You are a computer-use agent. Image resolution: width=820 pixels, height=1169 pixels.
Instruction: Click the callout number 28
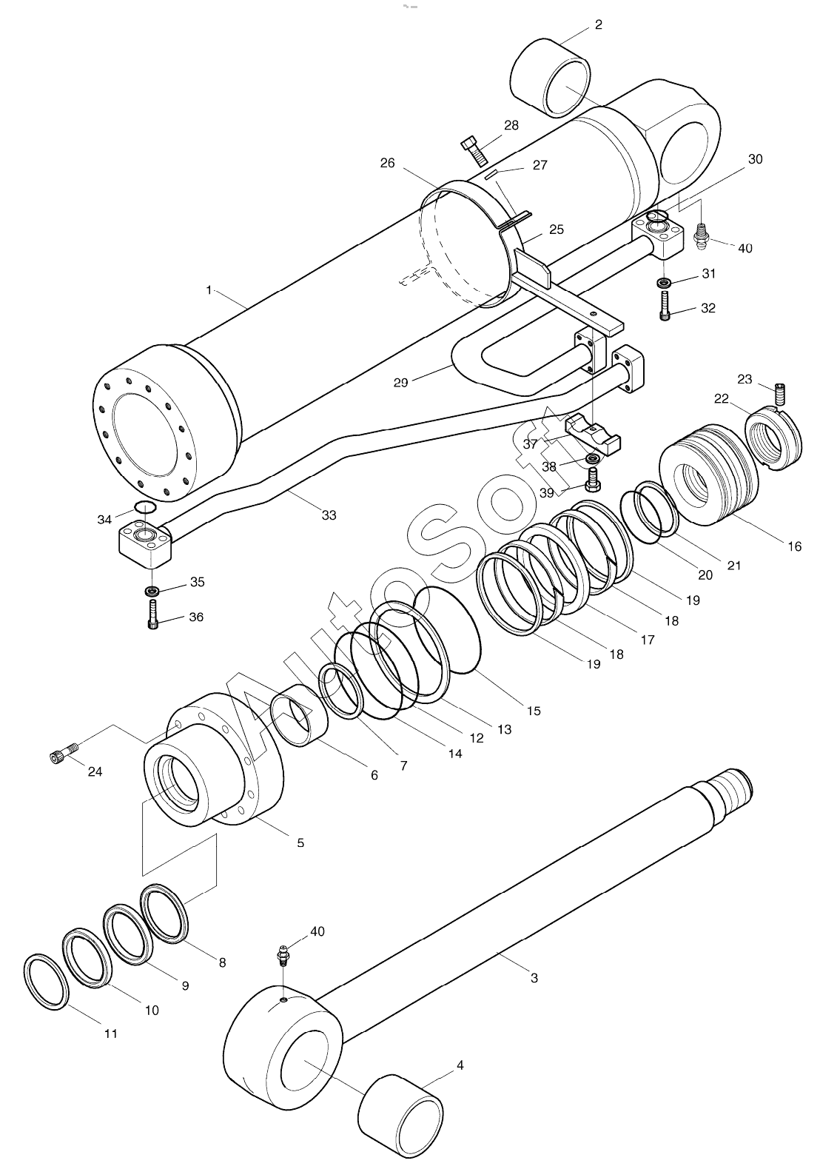click(x=511, y=126)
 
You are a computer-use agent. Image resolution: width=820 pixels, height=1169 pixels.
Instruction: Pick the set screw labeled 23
click(x=779, y=394)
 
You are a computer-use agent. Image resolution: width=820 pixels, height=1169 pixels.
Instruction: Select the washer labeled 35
click(x=152, y=590)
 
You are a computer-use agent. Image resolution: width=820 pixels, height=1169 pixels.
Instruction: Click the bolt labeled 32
click(x=665, y=306)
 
